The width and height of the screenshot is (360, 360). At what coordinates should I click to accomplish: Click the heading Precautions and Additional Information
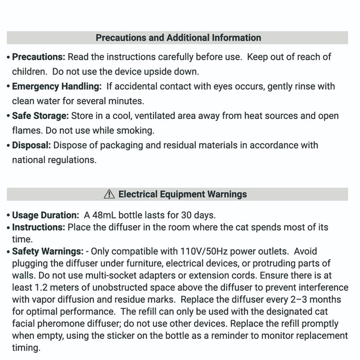pos(178,38)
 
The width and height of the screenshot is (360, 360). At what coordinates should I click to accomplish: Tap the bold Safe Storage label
pos(40,116)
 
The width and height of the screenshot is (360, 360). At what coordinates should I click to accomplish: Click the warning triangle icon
pos(109,194)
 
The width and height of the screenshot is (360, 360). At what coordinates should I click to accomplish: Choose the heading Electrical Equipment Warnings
pos(182,194)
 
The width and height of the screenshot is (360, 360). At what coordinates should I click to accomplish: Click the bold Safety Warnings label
pos(48,250)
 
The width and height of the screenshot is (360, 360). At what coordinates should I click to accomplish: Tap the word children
pos(28,72)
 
